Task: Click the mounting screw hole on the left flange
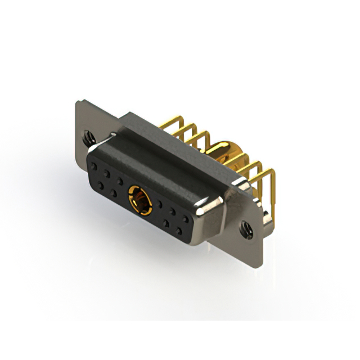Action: (x=87, y=136)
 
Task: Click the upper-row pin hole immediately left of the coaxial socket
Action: (x=120, y=181)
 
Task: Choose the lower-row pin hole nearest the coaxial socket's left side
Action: (x=114, y=193)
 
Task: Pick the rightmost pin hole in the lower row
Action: (x=180, y=231)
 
